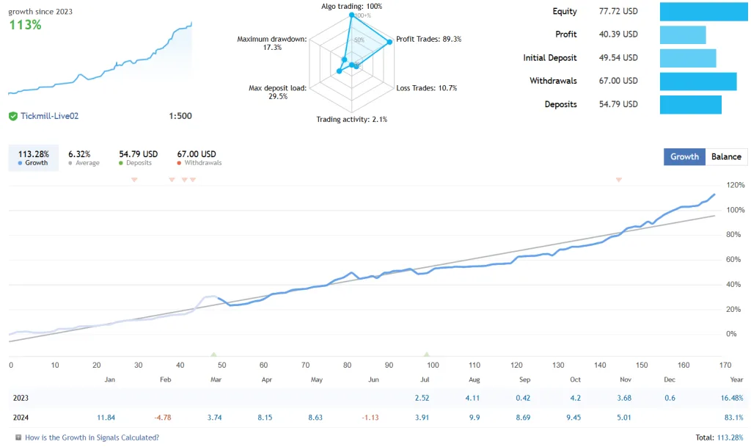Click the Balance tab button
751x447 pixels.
click(x=726, y=156)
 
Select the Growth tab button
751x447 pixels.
click(x=684, y=156)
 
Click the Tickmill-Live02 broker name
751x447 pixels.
click(x=49, y=116)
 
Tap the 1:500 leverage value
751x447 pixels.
click(x=180, y=116)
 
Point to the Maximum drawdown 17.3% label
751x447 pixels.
click(x=271, y=43)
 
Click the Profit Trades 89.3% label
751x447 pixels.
click(x=428, y=39)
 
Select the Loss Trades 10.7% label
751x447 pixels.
click(x=426, y=88)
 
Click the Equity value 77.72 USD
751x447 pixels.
click(x=618, y=12)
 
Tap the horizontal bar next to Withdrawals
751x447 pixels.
click(x=697, y=81)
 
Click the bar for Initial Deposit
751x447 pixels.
click(x=687, y=58)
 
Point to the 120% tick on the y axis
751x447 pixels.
click(x=736, y=185)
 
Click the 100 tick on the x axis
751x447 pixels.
click(x=432, y=365)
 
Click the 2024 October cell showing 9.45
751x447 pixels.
click(x=575, y=418)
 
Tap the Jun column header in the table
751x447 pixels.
click(x=373, y=379)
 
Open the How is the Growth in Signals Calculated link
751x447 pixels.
click(x=92, y=437)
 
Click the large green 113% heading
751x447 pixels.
click(x=25, y=25)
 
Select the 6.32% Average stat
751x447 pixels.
click(x=78, y=154)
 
